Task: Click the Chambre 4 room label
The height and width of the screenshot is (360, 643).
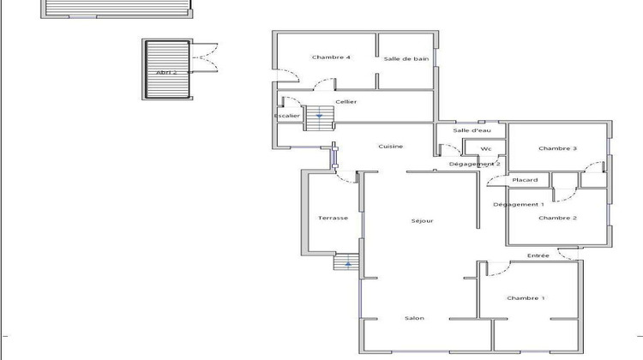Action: pos(331,57)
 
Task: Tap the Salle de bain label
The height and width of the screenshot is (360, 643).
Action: pos(406,58)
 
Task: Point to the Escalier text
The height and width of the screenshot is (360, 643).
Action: pos(287,116)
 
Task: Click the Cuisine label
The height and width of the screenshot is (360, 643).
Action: pos(391,147)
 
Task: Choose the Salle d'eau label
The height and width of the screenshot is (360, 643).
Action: pos(472,130)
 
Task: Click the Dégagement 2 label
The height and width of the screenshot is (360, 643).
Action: pos(475,164)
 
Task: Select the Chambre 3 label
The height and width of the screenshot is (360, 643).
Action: pos(557,148)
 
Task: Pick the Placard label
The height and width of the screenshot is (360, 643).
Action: pos(525,180)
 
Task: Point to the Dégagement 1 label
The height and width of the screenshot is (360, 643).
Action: pos(519,204)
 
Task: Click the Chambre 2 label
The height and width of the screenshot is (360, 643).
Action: pos(557,219)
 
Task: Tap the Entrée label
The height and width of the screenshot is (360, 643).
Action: pos(538,255)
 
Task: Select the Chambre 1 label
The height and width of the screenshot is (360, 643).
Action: pos(526,297)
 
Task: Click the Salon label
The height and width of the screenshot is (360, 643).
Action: pos(414,319)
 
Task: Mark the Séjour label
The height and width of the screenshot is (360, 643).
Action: pos(422,220)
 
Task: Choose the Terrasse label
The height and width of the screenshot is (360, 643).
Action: pos(333,218)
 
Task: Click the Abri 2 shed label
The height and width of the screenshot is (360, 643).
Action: pos(167,73)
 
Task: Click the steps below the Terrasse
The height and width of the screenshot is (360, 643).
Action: pos(346,262)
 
